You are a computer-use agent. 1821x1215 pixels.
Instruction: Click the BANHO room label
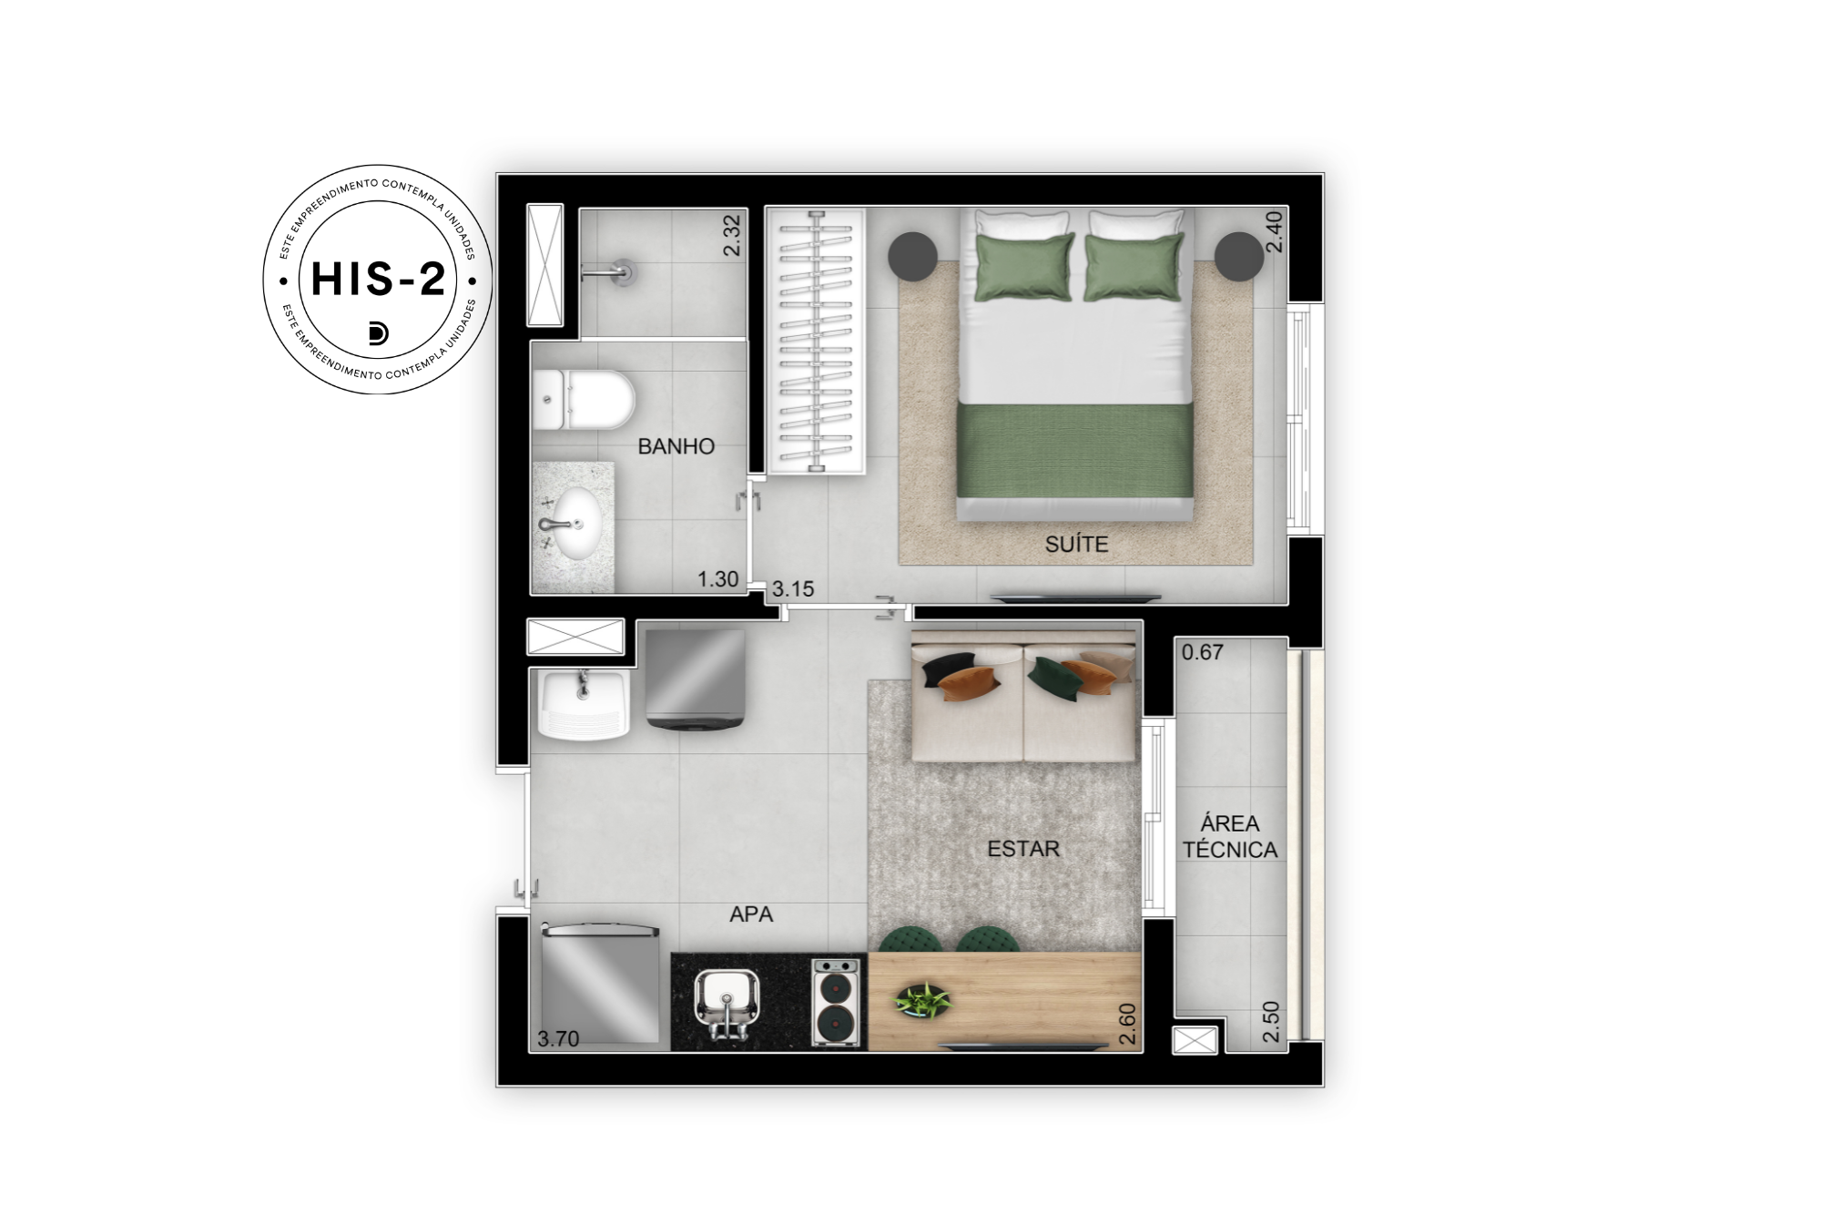click(x=676, y=446)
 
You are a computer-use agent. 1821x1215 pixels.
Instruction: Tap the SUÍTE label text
click(x=1076, y=544)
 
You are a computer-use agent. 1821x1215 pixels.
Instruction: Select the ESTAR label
click(x=1023, y=849)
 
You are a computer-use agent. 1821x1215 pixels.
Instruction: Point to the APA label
click(x=751, y=914)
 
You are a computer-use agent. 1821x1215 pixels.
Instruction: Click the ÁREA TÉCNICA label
click(x=1230, y=836)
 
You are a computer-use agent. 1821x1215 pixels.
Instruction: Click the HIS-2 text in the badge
click(x=378, y=279)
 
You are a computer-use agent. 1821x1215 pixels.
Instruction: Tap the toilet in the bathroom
click(x=584, y=400)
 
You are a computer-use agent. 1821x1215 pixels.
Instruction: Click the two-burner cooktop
click(x=836, y=1003)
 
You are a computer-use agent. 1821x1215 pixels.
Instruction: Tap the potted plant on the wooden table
click(x=923, y=1000)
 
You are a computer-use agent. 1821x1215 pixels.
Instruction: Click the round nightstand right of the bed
click(x=1238, y=256)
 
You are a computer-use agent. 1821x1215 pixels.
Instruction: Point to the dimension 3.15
click(x=793, y=589)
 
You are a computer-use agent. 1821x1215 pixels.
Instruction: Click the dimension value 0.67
click(x=1203, y=652)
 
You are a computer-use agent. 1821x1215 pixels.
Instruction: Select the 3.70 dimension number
click(x=558, y=1039)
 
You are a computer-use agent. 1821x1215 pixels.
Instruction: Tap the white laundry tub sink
click(x=584, y=704)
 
